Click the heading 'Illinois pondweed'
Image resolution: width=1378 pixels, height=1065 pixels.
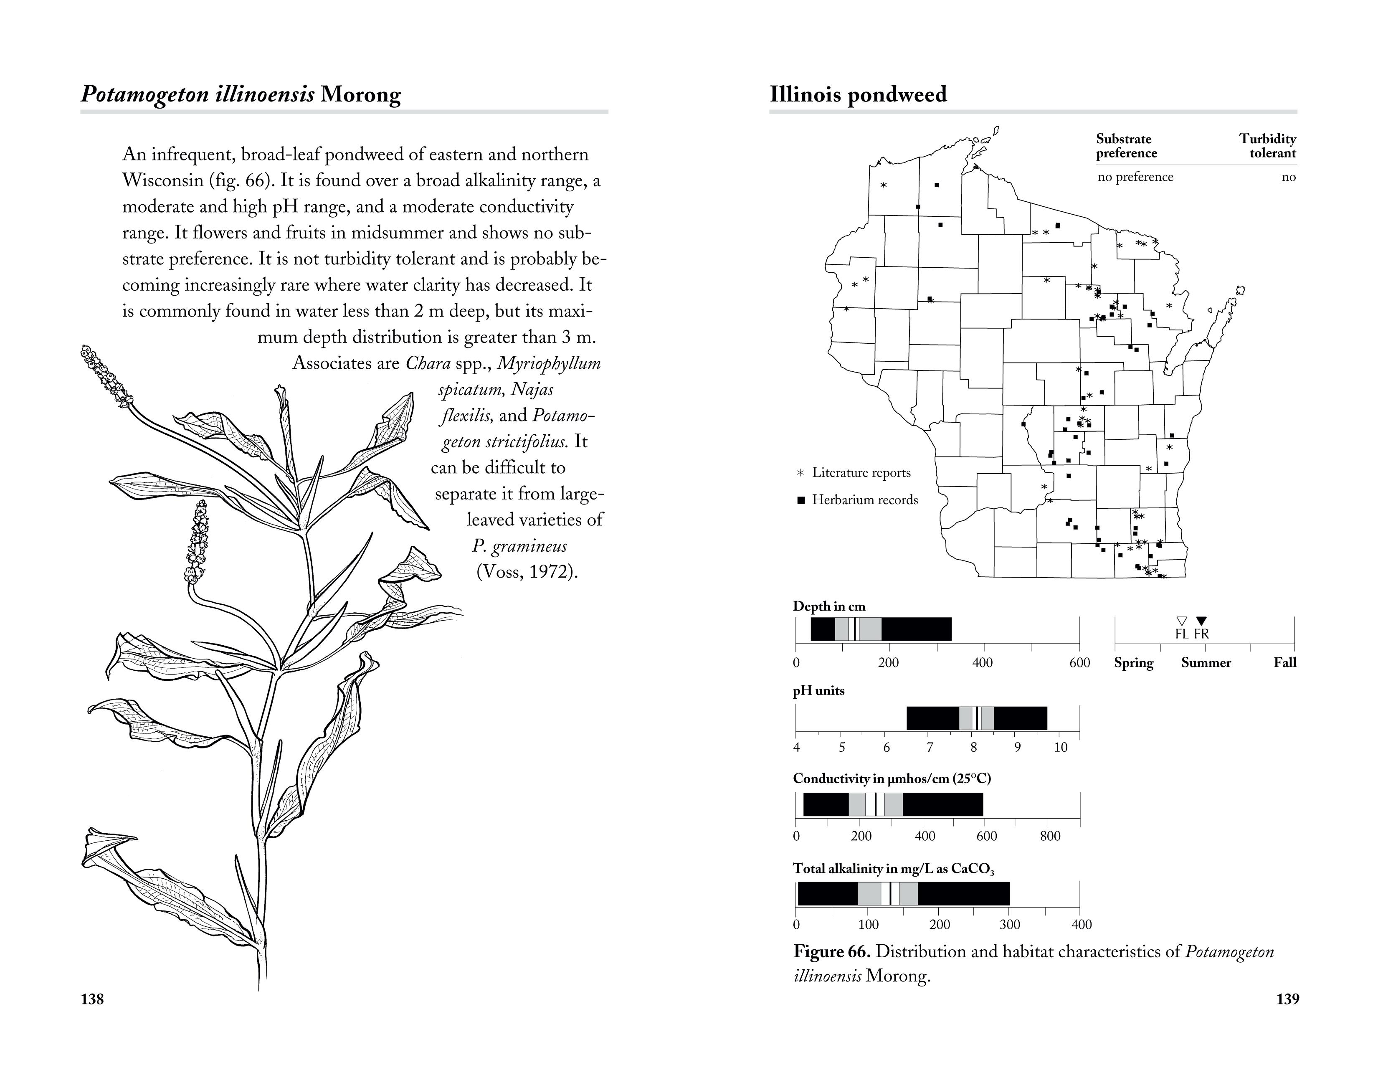858,95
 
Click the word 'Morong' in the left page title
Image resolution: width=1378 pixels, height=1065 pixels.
360,95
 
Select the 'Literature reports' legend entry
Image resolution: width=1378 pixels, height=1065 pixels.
861,472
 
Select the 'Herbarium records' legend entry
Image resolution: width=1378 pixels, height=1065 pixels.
864,500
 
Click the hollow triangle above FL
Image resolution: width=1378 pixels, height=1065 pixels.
1183,620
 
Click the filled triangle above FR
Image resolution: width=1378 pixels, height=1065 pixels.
1202,620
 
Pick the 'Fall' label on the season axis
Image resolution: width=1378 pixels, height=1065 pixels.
1284,662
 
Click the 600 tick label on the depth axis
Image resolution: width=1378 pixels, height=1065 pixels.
1079,662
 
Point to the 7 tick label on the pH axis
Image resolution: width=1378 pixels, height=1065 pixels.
930,748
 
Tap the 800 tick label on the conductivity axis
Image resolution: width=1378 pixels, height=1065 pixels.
1050,837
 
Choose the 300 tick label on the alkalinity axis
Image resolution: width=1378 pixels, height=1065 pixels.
1010,925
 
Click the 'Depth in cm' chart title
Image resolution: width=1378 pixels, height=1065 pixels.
829,606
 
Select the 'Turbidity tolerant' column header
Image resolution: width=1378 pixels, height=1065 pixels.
1267,146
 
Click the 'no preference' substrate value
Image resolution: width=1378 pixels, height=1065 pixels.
1135,177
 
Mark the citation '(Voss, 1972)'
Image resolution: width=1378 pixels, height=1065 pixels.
527,572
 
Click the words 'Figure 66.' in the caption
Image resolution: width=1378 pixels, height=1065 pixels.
831,951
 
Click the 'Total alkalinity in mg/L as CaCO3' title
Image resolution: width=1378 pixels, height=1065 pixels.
894,869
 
